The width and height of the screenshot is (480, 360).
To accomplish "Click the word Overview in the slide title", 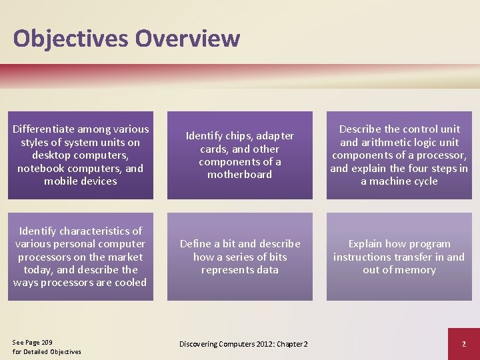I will point(187,38).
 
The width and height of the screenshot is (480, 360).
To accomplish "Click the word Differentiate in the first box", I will point(45,129).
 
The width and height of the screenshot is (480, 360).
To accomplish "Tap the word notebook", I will point(41,168).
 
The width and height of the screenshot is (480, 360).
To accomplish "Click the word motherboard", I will point(239,175).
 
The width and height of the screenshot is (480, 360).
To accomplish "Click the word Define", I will point(195,244).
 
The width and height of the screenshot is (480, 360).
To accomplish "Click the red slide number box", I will point(463,343).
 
